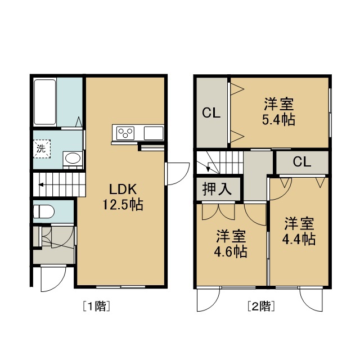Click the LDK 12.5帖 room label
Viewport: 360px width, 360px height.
pos(123,197)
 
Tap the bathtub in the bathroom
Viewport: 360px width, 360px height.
pos(45,102)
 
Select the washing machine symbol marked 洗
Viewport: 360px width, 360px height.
pos(42,148)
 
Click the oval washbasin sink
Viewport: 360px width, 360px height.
pos(73,158)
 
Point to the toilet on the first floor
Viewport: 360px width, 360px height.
pos(44,211)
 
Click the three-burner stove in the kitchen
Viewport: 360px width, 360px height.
pos(125,133)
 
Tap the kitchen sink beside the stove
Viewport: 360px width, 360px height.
pos(154,133)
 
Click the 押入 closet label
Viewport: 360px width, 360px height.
pos(217,189)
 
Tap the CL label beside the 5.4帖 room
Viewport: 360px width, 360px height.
pos(211,112)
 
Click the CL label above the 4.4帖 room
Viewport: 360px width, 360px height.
pos(302,162)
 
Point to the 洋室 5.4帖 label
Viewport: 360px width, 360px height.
pos(279,111)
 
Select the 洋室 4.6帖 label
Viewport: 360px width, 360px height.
pos(231,244)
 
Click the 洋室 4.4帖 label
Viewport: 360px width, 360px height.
pos(299,231)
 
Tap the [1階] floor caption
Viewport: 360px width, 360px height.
pos(96,306)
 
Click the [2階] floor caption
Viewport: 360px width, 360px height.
pos(261,306)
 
